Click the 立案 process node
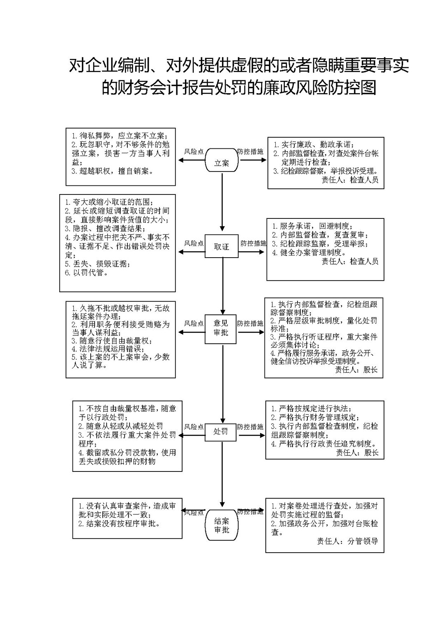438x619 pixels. coord(221,160)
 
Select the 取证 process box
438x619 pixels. coord(221,246)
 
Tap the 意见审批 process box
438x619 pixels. coord(220,329)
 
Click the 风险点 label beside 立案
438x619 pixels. coord(194,151)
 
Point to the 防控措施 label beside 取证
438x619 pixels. coord(253,243)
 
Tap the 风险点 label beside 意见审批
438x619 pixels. coord(194,324)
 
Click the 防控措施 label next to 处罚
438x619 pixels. coord(250,427)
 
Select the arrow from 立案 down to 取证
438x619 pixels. coord(222,202)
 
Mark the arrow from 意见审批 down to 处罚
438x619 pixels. coord(222,383)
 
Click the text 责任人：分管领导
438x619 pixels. coord(347,541)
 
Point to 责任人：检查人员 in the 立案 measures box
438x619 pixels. coord(350,180)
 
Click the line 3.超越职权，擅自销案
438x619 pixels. coord(112,171)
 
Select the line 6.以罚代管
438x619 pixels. coord(87,273)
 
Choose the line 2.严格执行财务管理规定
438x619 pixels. coord(315,417)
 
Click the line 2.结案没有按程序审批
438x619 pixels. coord(119,523)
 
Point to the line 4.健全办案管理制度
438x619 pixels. coord(309,252)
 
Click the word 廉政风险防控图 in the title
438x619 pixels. coord(312,88)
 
